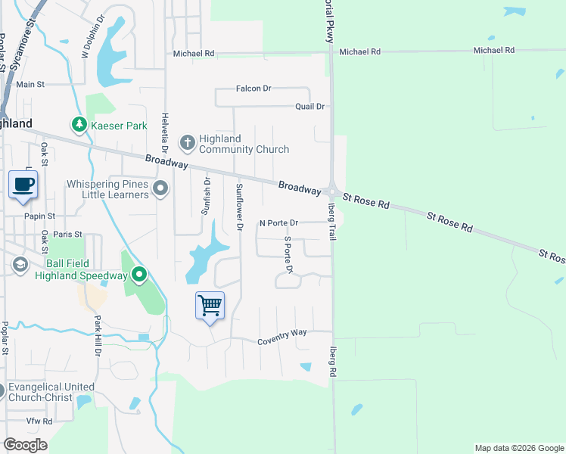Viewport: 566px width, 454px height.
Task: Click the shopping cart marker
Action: point(210,306)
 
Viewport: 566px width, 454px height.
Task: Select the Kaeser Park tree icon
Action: point(78,123)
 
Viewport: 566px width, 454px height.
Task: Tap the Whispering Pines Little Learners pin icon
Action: point(160,188)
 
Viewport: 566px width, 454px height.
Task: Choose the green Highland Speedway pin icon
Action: point(138,274)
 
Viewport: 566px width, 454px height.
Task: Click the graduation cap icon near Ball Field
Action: point(19,264)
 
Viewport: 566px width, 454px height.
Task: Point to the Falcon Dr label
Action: point(253,89)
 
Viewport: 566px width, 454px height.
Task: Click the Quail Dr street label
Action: point(309,107)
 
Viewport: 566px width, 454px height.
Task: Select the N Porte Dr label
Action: point(279,223)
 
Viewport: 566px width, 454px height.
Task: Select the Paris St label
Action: point(67,235)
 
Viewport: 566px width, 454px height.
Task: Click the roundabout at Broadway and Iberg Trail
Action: point(331,191)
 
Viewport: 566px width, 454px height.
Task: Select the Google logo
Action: point(25,445)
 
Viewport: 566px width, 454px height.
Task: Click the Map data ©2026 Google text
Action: point(518,448)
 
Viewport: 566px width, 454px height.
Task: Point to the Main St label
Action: point(30,85)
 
